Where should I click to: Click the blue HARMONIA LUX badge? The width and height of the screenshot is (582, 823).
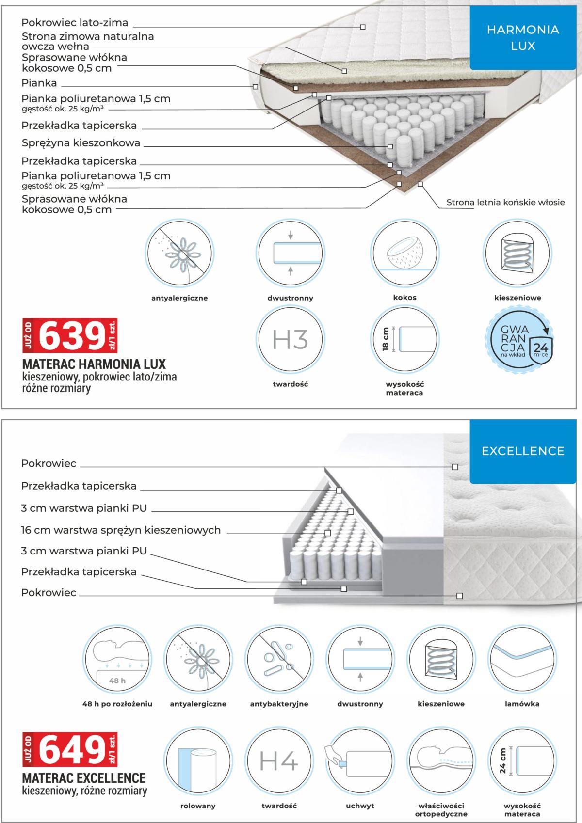tap(523, 38)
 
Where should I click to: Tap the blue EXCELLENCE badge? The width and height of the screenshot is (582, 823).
tap(523, 451)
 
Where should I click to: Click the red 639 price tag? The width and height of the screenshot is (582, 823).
tap(70, 335)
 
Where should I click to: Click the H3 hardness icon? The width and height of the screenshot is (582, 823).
tap(290, 339)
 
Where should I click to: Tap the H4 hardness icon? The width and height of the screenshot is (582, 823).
tap(278, 761)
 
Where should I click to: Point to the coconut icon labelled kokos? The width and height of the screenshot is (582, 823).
tap(404, 253)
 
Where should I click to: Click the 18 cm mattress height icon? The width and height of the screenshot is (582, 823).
tap(404, 339)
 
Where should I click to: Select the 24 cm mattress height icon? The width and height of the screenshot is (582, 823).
tap(521, 761)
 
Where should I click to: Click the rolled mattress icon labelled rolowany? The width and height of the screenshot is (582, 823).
tap(198, 761)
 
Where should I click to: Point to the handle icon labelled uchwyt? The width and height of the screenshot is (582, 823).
tap(360, 761)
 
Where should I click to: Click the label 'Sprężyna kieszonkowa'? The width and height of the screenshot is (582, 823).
tap(81, 143)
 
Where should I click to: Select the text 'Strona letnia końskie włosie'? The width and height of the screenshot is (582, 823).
tap(505, 203)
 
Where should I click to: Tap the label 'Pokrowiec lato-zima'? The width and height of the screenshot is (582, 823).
tap(75, 23)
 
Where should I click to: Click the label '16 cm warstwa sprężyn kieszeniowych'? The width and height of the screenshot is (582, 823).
tap(121, 530)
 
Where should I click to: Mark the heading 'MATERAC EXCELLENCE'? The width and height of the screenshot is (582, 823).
tap(84, 778)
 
